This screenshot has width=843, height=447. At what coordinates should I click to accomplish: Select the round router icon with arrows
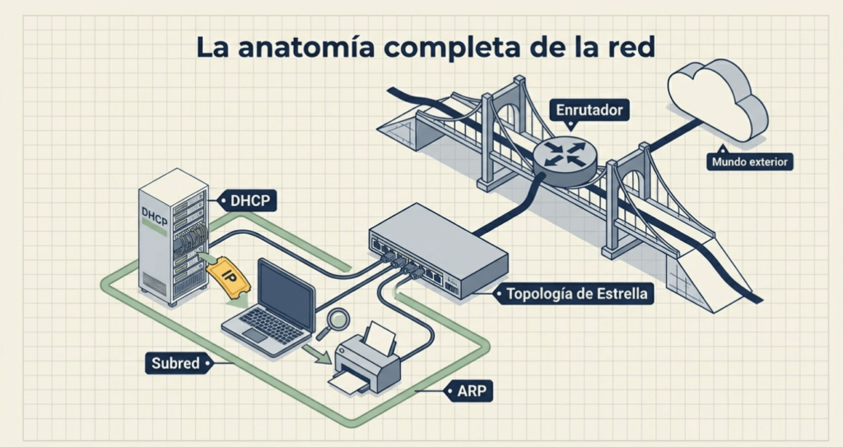click(563, 153)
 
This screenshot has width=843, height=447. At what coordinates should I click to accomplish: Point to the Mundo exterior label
click(749, 162)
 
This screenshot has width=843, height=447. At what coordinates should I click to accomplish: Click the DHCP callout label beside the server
click(249, 200)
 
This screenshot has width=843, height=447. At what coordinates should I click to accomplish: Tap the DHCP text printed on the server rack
click(153, 213)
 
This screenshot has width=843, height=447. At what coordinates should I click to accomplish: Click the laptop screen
click(286, 292)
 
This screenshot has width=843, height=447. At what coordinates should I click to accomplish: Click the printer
click(366, 362)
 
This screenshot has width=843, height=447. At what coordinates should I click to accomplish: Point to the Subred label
click(175, 362)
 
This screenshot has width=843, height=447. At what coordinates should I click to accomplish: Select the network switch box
click(436, 247)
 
